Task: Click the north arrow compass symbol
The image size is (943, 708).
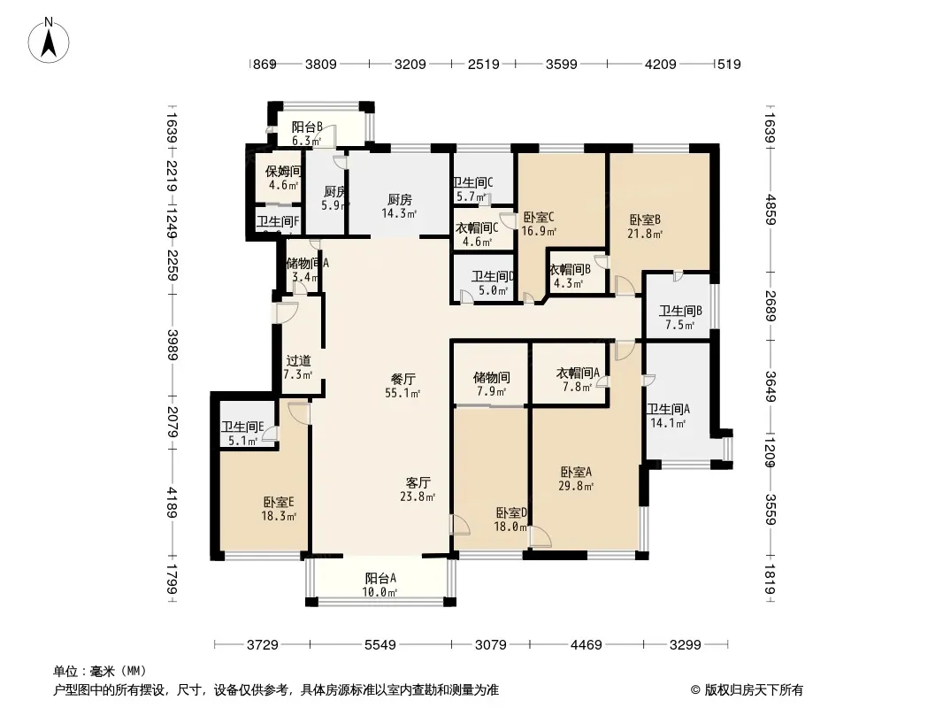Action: tap(50, 40)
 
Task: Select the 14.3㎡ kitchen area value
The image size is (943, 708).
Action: tap(401, 213)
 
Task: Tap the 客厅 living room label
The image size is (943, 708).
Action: tap(418, 482)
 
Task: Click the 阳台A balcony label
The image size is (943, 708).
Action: tap(380, 580)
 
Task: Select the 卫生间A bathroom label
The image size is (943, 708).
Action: tap(668, 409)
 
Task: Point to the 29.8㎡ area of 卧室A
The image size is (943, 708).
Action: tap(576, 485)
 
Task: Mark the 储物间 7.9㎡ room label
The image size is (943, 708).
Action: tap(492, 377)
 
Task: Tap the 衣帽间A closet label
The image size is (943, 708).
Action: tap(579, 373)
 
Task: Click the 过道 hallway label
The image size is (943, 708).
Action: tap(298, 360)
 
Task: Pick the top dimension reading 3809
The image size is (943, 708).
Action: tap(321, 64)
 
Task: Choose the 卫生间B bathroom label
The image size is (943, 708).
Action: tap(680, 311)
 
